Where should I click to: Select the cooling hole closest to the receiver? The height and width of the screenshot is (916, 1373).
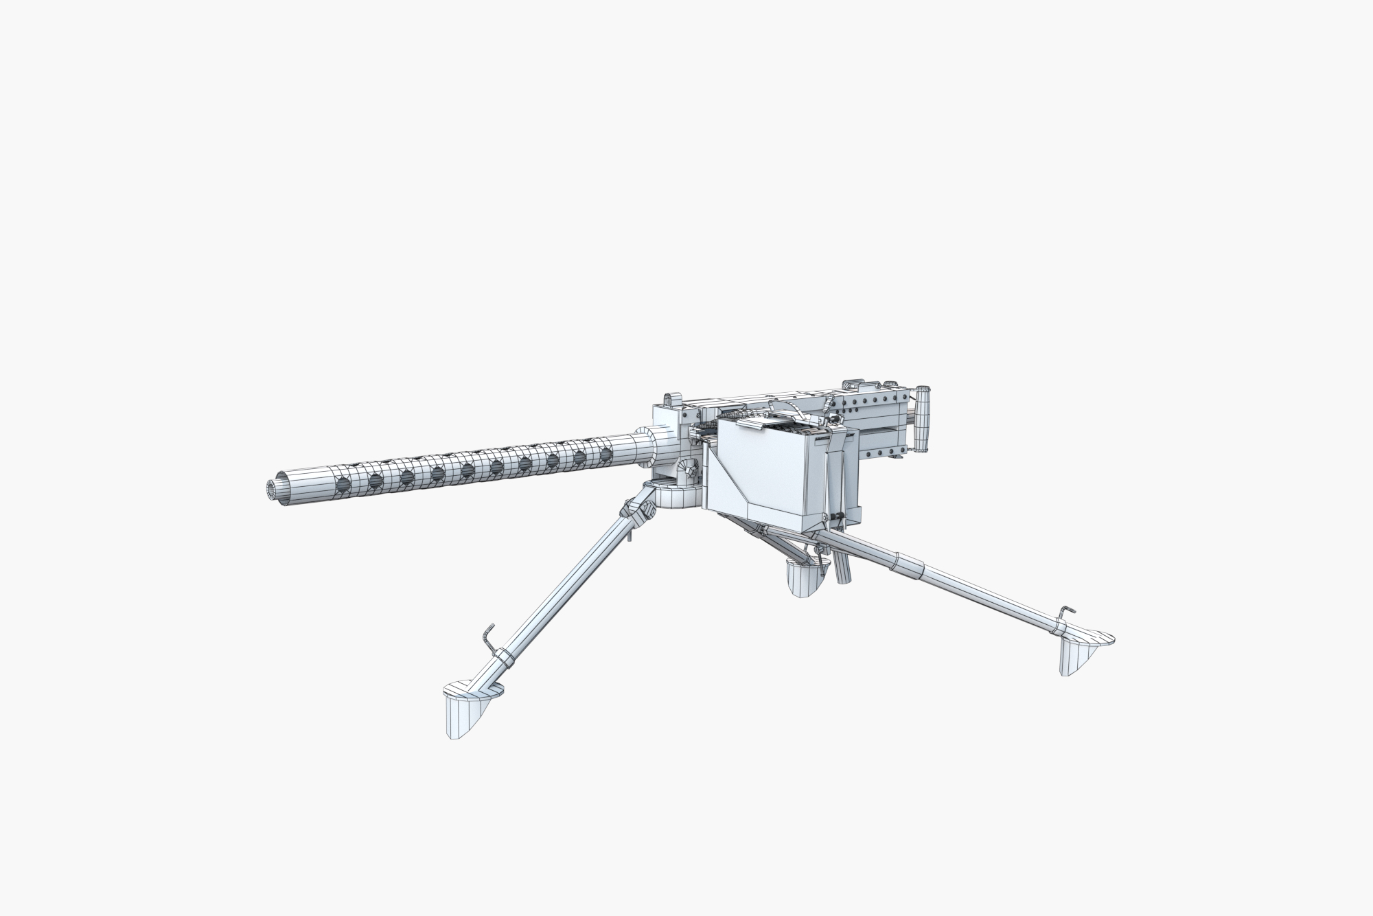(606, 455)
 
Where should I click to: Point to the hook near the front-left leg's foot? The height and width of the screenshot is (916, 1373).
(487, 635)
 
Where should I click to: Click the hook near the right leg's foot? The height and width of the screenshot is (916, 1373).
(1064, 613)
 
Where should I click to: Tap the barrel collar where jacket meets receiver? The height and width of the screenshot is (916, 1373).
(643, 446)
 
